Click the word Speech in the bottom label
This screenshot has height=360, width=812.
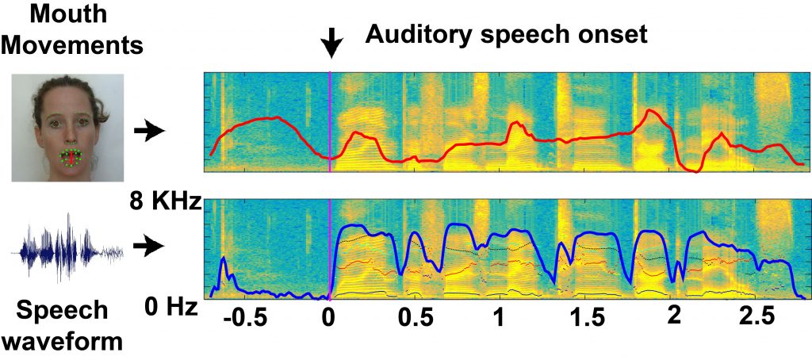(63, 311)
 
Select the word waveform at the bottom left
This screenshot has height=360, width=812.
(63, 343)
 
